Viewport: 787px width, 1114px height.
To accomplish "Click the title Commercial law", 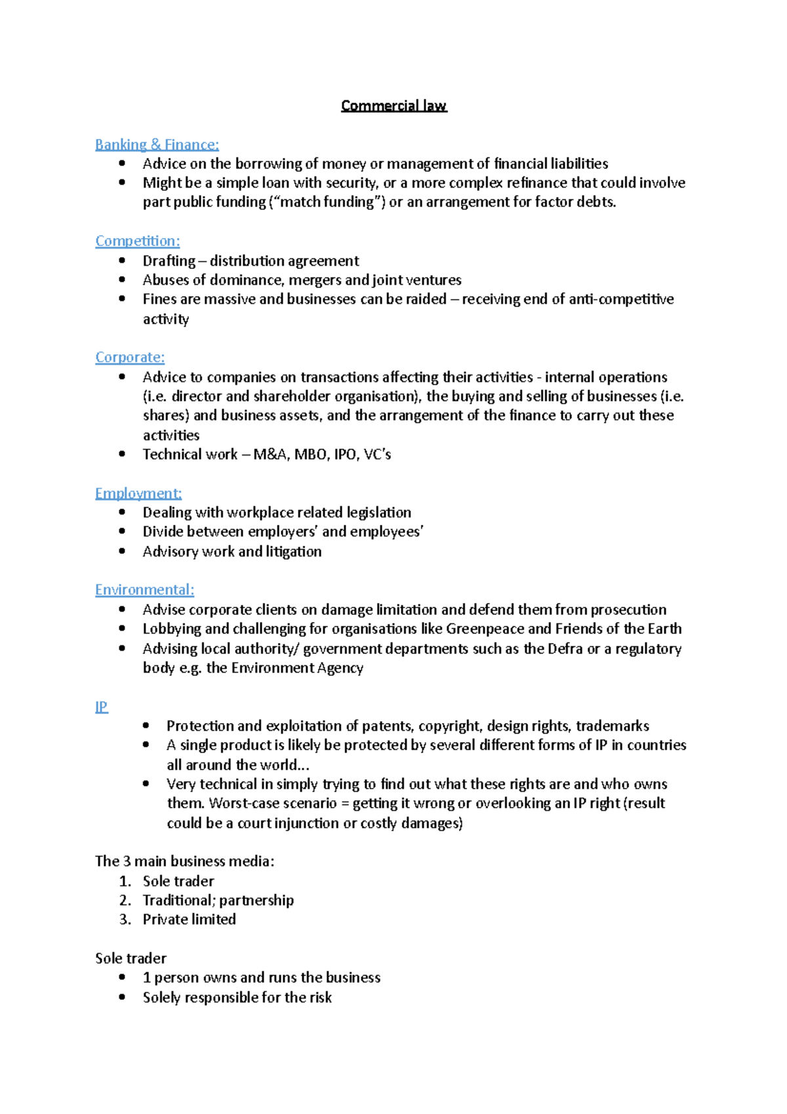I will [393, 106].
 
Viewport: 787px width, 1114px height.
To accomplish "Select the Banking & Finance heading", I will [157, 144].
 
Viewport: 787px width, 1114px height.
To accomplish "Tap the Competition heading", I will [137, 241].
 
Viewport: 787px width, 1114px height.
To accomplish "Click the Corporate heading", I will [130, 357].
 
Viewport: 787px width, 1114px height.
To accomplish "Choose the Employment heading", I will [138, 493].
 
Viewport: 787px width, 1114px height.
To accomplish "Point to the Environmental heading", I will [144, 589].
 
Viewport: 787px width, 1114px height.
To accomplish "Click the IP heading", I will [101, 707].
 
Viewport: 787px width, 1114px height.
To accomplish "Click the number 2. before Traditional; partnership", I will [125, 900].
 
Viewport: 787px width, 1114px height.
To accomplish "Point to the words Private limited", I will [189, 919].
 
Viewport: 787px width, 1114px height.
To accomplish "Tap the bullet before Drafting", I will [122, 260].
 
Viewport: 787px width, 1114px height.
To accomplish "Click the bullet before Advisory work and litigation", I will [122, 551].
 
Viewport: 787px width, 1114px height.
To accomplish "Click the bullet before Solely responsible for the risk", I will [122, 997].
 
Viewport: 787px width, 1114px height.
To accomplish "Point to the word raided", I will [426, 299].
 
